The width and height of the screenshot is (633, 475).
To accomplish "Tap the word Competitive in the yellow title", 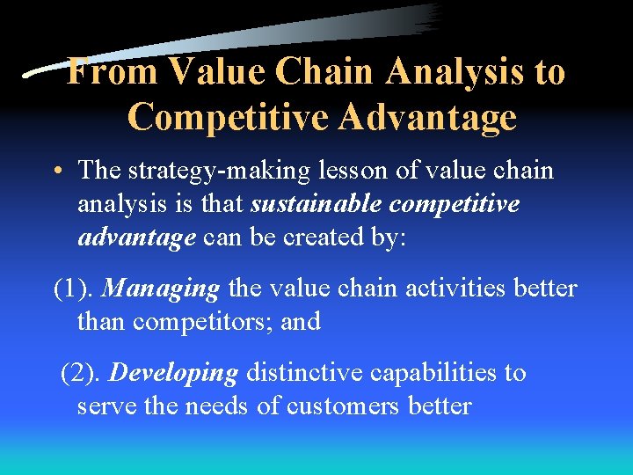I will (223, 116).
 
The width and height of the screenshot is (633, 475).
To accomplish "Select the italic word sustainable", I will (317, 204).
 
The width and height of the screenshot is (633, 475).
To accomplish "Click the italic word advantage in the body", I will (136, 237).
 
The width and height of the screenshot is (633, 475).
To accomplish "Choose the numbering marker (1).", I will (75, 288).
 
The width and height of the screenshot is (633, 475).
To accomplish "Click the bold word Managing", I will (163, 288).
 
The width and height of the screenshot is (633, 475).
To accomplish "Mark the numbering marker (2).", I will (82, 372).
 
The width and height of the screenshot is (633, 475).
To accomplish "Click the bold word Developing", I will (173, 372).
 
